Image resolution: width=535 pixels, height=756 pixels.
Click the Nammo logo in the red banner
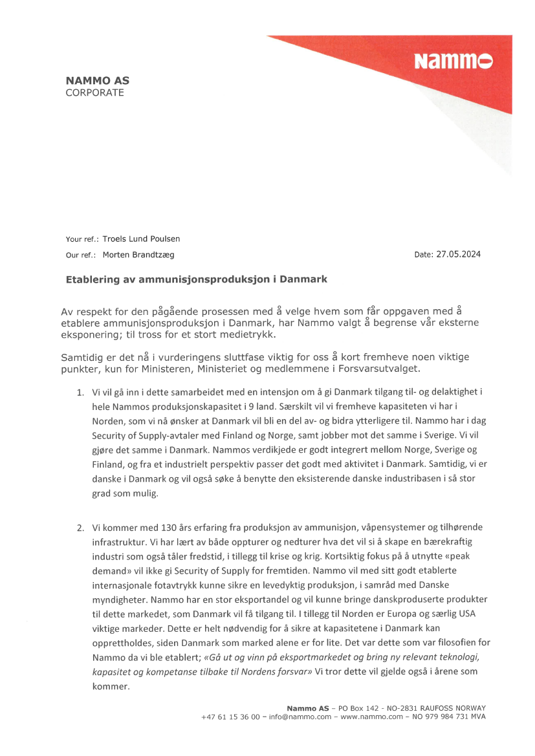[453, 61]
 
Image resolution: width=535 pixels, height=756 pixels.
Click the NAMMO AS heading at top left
[97, 81]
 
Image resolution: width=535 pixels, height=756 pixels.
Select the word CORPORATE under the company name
[94, 92]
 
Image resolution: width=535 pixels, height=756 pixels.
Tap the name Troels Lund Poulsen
[141, 239]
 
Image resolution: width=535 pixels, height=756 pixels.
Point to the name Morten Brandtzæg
[138, 255]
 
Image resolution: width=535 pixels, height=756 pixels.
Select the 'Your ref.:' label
[82, 240]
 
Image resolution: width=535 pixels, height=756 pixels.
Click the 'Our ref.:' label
[81, 255]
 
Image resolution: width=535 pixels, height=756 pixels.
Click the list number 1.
[80, 392]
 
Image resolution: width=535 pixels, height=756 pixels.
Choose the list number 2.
[80, 528]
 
